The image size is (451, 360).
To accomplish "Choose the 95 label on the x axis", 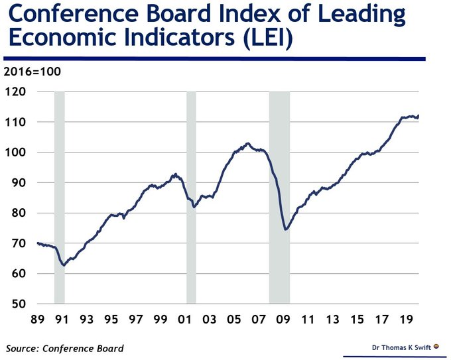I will [111, 320].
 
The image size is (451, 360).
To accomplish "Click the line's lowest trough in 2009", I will [285, 229].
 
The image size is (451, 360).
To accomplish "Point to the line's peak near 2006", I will [247, 143].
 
